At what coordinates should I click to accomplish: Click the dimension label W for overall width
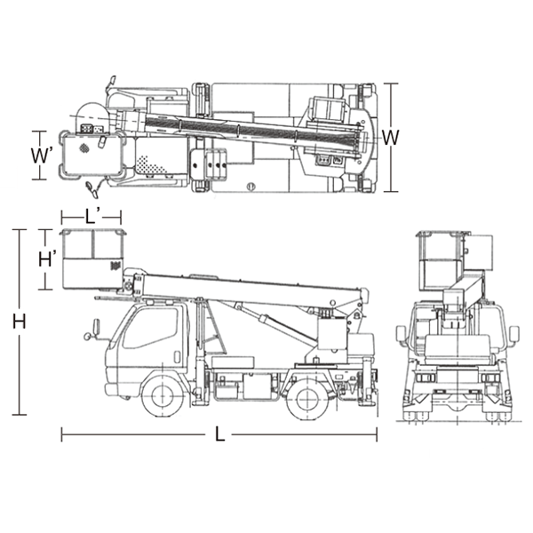pos(391,138)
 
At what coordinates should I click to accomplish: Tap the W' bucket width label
pos(42,155)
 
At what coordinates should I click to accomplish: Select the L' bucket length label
pos(92,217)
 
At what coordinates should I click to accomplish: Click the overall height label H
pos(19,322)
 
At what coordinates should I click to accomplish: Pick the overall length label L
pos(220,434)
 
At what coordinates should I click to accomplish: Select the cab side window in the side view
pos(151,328)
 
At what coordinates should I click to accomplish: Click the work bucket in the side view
pos(92,259)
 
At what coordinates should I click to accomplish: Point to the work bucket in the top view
pos(91,155)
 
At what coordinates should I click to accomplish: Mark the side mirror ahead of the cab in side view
pos(96,326)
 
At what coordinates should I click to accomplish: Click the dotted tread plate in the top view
pos(151,164)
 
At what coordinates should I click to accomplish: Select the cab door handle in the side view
pos(177,356)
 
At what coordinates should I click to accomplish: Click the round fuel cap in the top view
pos(251,187)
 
